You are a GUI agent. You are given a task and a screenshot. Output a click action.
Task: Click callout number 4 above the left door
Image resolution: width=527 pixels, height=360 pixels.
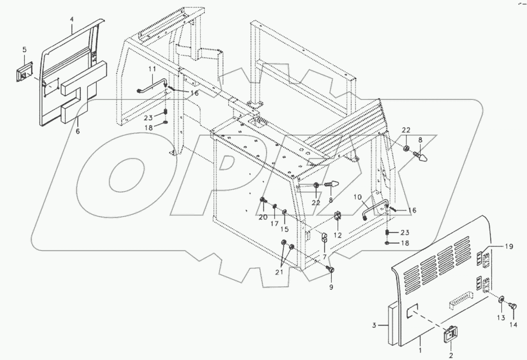[x=72, y=19]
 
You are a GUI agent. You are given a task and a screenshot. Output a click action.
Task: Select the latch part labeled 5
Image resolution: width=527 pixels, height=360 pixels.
[x=24, y=73]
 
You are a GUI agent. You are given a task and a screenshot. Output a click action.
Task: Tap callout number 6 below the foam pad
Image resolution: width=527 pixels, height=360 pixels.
[x=77, y=132]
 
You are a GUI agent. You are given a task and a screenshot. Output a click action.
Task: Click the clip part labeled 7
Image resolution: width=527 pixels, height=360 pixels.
[x=324, y=237]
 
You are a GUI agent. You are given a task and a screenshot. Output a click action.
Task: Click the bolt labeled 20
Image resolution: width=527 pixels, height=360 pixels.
[x=263, y=201]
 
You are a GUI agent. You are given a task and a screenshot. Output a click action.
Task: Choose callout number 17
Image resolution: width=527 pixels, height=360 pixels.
[x=275, y=224]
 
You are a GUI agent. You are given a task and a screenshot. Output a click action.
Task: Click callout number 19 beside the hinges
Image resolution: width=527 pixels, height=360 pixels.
[x=508, y=246]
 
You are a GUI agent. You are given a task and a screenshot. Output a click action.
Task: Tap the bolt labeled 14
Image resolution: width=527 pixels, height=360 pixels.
[x=513, y=307]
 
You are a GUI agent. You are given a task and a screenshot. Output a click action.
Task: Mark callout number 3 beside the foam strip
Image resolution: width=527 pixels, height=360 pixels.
[x=374, y=325]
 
